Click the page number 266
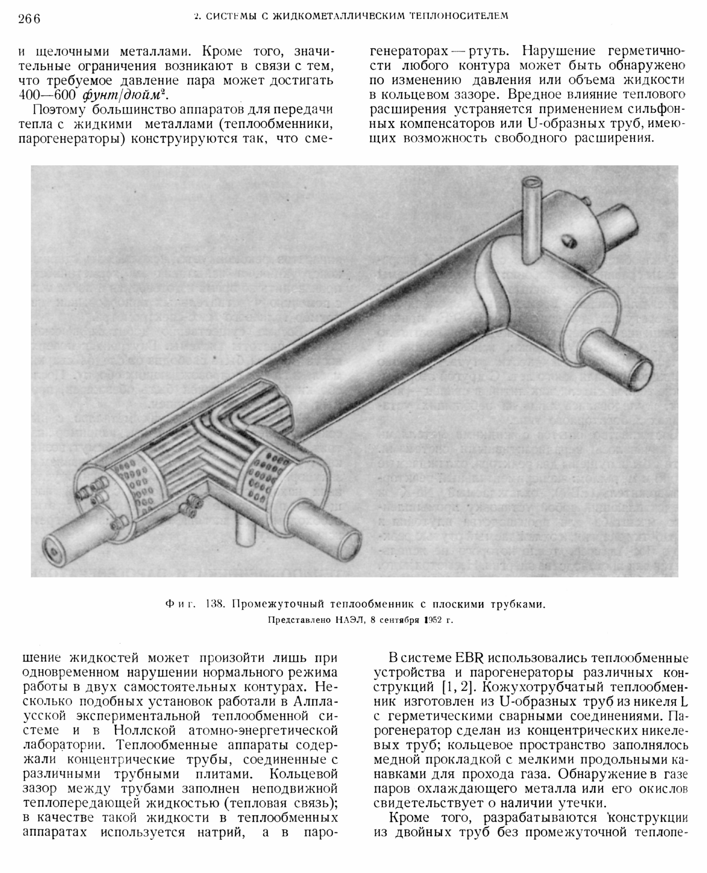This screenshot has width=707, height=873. click(x=29, y=19)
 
